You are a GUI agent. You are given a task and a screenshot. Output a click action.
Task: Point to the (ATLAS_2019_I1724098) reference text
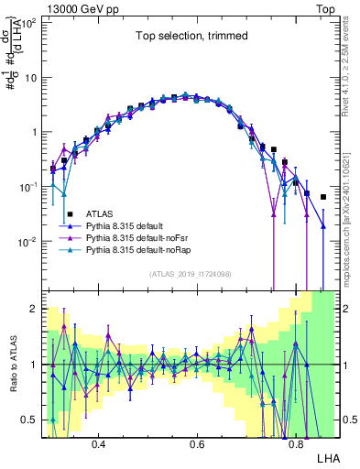[191, 274]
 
